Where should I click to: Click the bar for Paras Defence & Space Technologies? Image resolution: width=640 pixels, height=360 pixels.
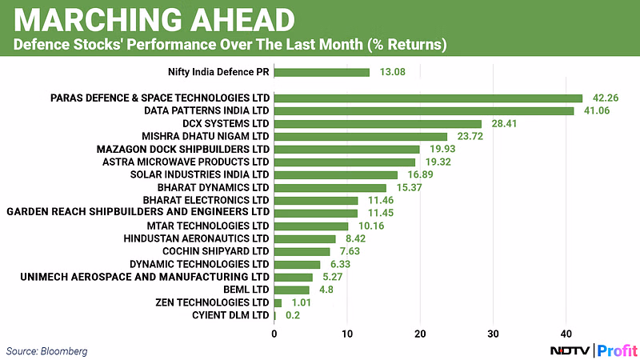[x=428, y=98]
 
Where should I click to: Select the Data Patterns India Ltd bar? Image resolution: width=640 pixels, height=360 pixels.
[x=424, y=111]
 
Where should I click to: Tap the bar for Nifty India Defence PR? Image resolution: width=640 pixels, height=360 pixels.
[x=322, y=72]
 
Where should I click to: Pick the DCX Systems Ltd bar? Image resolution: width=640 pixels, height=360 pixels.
[x=378, y=124]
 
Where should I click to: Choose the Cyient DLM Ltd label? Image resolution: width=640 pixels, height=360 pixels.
[x=230, y=315]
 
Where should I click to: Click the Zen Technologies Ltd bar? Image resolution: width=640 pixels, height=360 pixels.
[x=278, y=303]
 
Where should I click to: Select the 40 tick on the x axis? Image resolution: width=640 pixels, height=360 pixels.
[x=566, y=332]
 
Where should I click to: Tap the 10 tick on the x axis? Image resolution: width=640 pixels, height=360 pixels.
[x=347, y=332]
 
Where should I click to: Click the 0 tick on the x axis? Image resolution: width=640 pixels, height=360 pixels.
[x=274, y=332]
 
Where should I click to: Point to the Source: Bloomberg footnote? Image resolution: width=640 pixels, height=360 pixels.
[x=46, y=350]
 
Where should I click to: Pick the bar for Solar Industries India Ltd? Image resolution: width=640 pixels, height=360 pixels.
[x=336, y=174]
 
